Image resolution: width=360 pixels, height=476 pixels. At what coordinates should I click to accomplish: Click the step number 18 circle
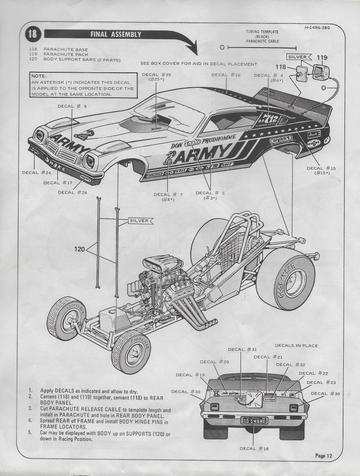tap(33, 34)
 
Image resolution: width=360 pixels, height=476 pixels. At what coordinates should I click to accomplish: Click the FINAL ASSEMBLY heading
tap(115, 34)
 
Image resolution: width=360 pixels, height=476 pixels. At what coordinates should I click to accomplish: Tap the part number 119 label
tap(322, 57)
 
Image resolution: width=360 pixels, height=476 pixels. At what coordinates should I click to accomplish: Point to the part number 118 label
tap(281, 67)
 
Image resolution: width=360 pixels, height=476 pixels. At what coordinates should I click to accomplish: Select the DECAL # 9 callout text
tap(72, 106)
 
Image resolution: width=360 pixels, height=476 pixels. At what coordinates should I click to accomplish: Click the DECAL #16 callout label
tap(226, 75)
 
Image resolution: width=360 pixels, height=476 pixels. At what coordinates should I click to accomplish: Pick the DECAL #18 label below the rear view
tap(254, 448)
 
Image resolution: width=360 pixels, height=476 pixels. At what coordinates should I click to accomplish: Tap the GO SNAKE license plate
tap(255, 420)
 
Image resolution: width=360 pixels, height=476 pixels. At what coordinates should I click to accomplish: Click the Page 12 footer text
tap(323, 456)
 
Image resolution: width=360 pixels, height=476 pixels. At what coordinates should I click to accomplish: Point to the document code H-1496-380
tap(317, 28)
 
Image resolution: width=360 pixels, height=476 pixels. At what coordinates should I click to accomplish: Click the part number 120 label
tap(79, 249)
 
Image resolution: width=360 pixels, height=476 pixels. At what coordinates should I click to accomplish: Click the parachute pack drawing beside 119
tap(319, 71)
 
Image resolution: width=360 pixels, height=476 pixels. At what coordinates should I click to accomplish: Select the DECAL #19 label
tap(190, 375)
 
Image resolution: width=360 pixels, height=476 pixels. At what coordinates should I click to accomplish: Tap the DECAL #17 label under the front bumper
tap(58, 182)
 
